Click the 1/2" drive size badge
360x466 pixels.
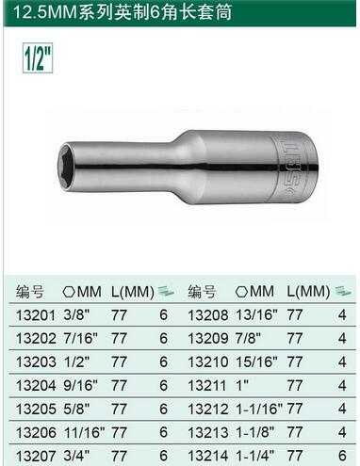38,58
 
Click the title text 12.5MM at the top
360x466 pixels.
45,12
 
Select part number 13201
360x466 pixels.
36,315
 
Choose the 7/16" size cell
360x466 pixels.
81,338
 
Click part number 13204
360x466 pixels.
36,385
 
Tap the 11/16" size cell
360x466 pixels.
84,432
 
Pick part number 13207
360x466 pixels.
36,456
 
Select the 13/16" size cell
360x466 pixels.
256,314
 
